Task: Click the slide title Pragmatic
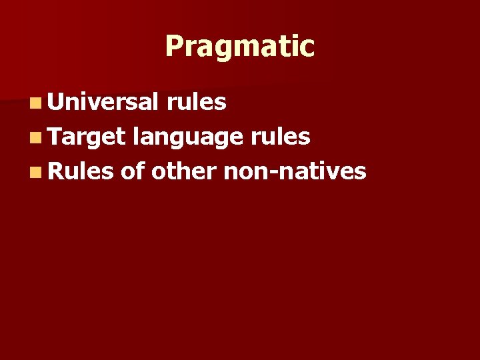pyautogui.click(x=239, y=47)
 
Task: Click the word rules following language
pyautogui.click(x=281, y=136)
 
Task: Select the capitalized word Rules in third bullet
pyautogui.click(x=81, y=171)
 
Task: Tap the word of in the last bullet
pyautogui.click(x=133, y=171)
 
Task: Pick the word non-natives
pyautogui.click(x=295, y=171)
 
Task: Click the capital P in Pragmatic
pyautogui.click(x=174, y=47)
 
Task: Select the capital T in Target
pyautogui.click(x=54, y=136)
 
